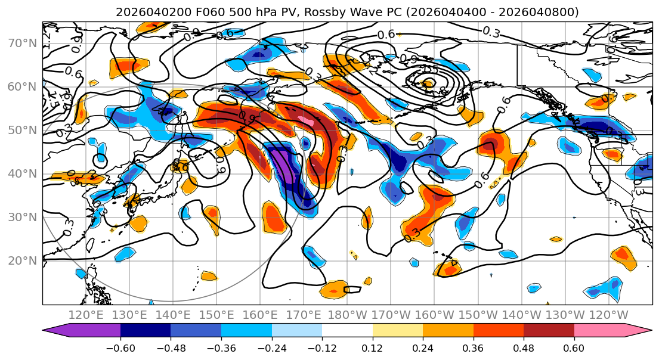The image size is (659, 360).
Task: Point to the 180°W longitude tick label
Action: coord(347,315)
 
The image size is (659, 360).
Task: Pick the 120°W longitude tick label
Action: coord(608,315)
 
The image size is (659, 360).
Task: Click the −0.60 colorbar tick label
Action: coord(120,347)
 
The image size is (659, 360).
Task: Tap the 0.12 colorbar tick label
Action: coord(372,347)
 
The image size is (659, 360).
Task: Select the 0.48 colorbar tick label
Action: coord(523,347)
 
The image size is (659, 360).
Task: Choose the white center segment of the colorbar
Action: coord(347,331)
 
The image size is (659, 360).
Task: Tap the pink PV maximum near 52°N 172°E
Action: coord(306,121)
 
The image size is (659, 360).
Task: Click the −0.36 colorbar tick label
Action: coord(221,347)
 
